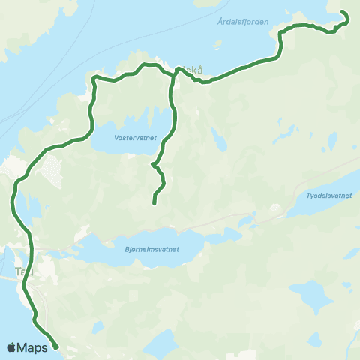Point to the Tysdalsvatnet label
tap(328, 196)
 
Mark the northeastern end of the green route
tap(343, 13)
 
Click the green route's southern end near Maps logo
tap(55, 346)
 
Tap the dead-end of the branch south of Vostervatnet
tap(154, 203)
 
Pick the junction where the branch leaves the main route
tap(174, 73)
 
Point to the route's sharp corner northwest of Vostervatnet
tap(93, 77)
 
